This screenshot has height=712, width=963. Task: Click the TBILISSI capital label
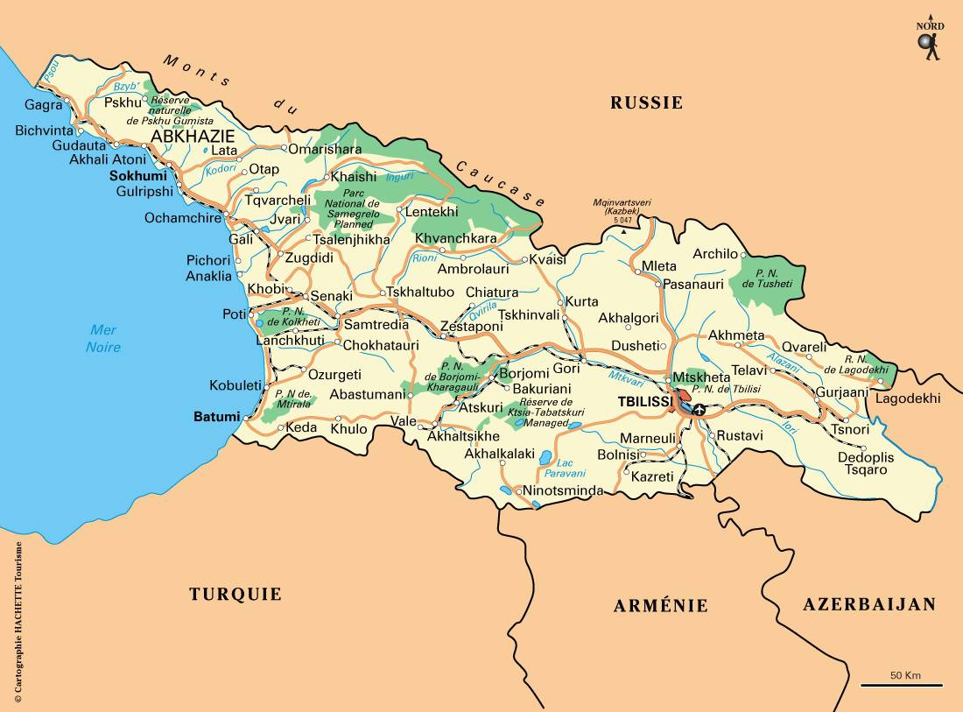click(645, 400)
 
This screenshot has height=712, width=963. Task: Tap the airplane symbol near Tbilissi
click(699, 409)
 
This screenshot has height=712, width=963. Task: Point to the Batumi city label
click(216, 417)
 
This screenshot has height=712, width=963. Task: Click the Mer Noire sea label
click(103, 338)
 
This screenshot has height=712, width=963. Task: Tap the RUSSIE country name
click(646, 102)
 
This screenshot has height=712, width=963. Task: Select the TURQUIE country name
click(235, 594)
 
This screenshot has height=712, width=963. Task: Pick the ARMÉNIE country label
click(660, 605)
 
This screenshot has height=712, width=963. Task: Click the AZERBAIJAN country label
click(869, 603)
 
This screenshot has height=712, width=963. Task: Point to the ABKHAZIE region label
click(193, 137)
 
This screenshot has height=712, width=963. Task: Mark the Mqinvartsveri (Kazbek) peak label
click(622, 208)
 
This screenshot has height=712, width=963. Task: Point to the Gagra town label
click(44, 104)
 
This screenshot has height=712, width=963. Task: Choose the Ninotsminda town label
click(563, 491)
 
